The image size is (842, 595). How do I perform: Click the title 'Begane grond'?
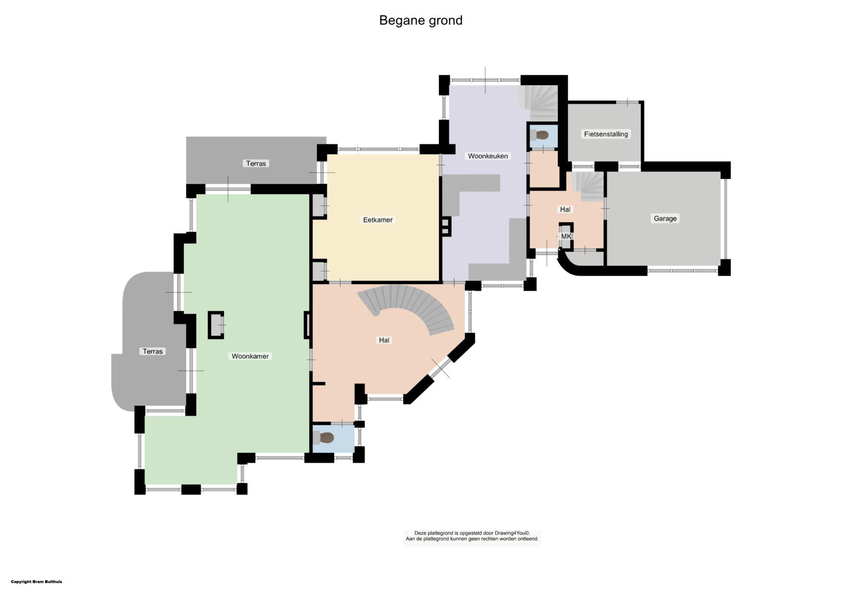point(421,21)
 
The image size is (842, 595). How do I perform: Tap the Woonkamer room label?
point(250,356)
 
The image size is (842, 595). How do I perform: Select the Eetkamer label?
point(378,220)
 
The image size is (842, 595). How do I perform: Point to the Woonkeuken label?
point(488,156)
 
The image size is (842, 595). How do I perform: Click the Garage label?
point(665,218)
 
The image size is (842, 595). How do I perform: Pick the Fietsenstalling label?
point(606,134)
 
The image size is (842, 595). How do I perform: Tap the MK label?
point(566,237)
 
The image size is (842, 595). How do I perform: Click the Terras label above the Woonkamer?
point(256,164)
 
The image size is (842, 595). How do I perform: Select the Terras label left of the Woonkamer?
point(153,351)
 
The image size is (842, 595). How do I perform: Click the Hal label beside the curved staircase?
point(384,340)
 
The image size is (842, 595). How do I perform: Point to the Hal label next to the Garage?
point(565,209)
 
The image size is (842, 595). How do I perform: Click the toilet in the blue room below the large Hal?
point(324,438)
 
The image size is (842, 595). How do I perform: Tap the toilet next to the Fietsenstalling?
point(540,135)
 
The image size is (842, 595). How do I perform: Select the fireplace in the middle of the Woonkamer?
point(216,325)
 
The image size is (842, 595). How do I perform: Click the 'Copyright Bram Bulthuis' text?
point(36,582)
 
